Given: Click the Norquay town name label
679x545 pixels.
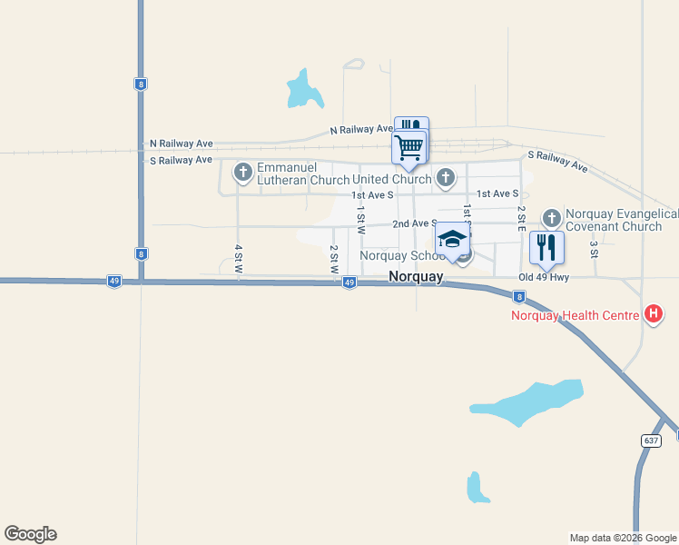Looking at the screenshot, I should tap(416, 277).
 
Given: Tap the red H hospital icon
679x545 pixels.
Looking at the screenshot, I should tap(653, 316).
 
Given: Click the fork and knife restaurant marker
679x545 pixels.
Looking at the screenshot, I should tap(546, 245).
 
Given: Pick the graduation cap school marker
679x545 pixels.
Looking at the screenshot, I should tap(452, 240).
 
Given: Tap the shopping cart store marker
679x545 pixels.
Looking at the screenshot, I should tap(409, 146).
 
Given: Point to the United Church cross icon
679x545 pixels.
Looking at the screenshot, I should tap(445, 178).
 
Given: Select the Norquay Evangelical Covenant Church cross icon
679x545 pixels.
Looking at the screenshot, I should tap(551, 219).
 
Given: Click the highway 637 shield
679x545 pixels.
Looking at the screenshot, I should tap(650, 440).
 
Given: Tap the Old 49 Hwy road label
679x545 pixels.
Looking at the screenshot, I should tap(544, 277).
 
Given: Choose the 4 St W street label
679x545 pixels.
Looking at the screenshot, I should tap(238, 260).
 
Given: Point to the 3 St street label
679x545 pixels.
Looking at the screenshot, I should tap(593, 248).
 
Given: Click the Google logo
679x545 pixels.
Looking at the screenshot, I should tap(30, 534).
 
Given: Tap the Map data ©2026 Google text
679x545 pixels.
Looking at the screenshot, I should tap(623, 538).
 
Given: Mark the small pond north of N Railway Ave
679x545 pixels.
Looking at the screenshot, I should tap(303, 88).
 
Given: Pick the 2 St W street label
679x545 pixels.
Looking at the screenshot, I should tap(333, 259).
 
